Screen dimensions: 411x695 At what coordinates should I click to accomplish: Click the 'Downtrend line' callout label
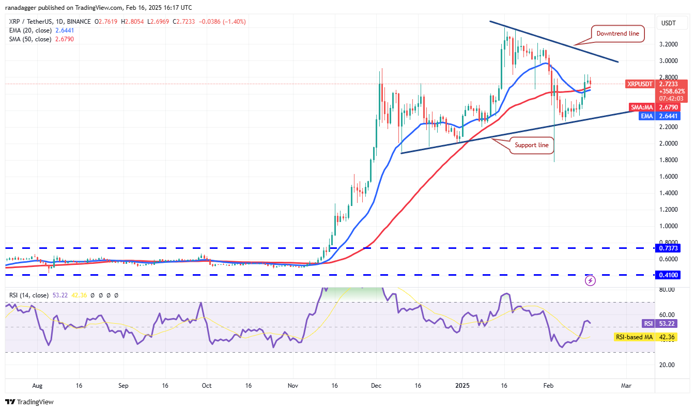click(617, 34)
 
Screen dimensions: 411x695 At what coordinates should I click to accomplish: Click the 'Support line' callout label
click(531, 145)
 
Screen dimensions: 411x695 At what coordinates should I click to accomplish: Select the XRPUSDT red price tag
click(641, 84)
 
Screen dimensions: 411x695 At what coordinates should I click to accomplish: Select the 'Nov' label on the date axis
click(293, 386)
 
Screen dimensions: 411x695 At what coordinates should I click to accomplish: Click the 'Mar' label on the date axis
click(626, 386)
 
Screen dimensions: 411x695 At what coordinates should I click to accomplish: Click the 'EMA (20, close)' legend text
click(30, 30)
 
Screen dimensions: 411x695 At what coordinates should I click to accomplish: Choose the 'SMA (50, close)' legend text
click(30, 39)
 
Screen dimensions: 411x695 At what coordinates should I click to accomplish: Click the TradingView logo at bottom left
click(29, 402)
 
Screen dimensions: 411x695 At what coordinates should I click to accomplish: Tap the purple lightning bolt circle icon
click(590, 281)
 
